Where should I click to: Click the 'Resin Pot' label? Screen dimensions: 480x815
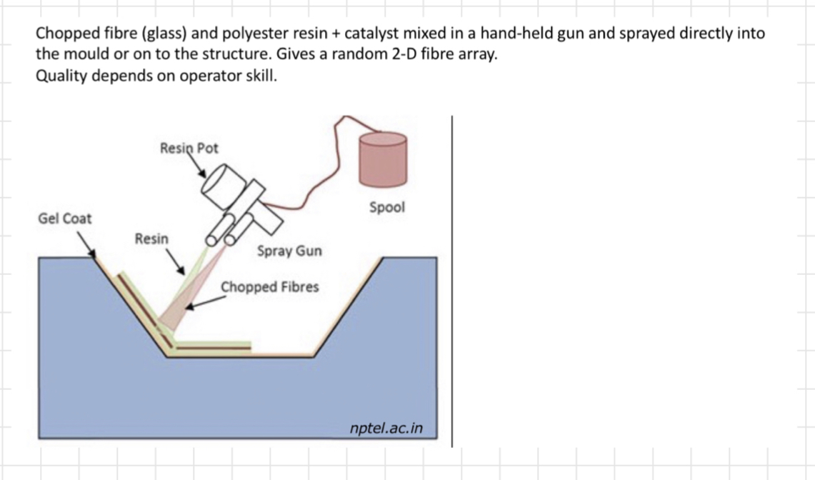tap(189, 148)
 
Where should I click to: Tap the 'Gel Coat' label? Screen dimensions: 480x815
tap(64, 218)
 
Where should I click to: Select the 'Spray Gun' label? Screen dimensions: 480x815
tap(289, 251)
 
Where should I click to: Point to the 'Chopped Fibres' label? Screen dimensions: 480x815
tap(270, 287)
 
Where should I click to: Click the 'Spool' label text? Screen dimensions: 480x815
tap(386, 207)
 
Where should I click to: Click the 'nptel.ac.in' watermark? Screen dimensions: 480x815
tap(386, 428)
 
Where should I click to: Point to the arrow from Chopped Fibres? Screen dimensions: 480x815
tap(204, 304)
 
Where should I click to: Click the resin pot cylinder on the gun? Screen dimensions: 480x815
tap(221, 182)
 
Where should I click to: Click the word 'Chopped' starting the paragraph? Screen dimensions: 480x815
tap(67, 34)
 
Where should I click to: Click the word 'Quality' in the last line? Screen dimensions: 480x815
tap(58, 75)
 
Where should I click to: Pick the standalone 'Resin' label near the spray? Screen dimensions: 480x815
tap(151, 239)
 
